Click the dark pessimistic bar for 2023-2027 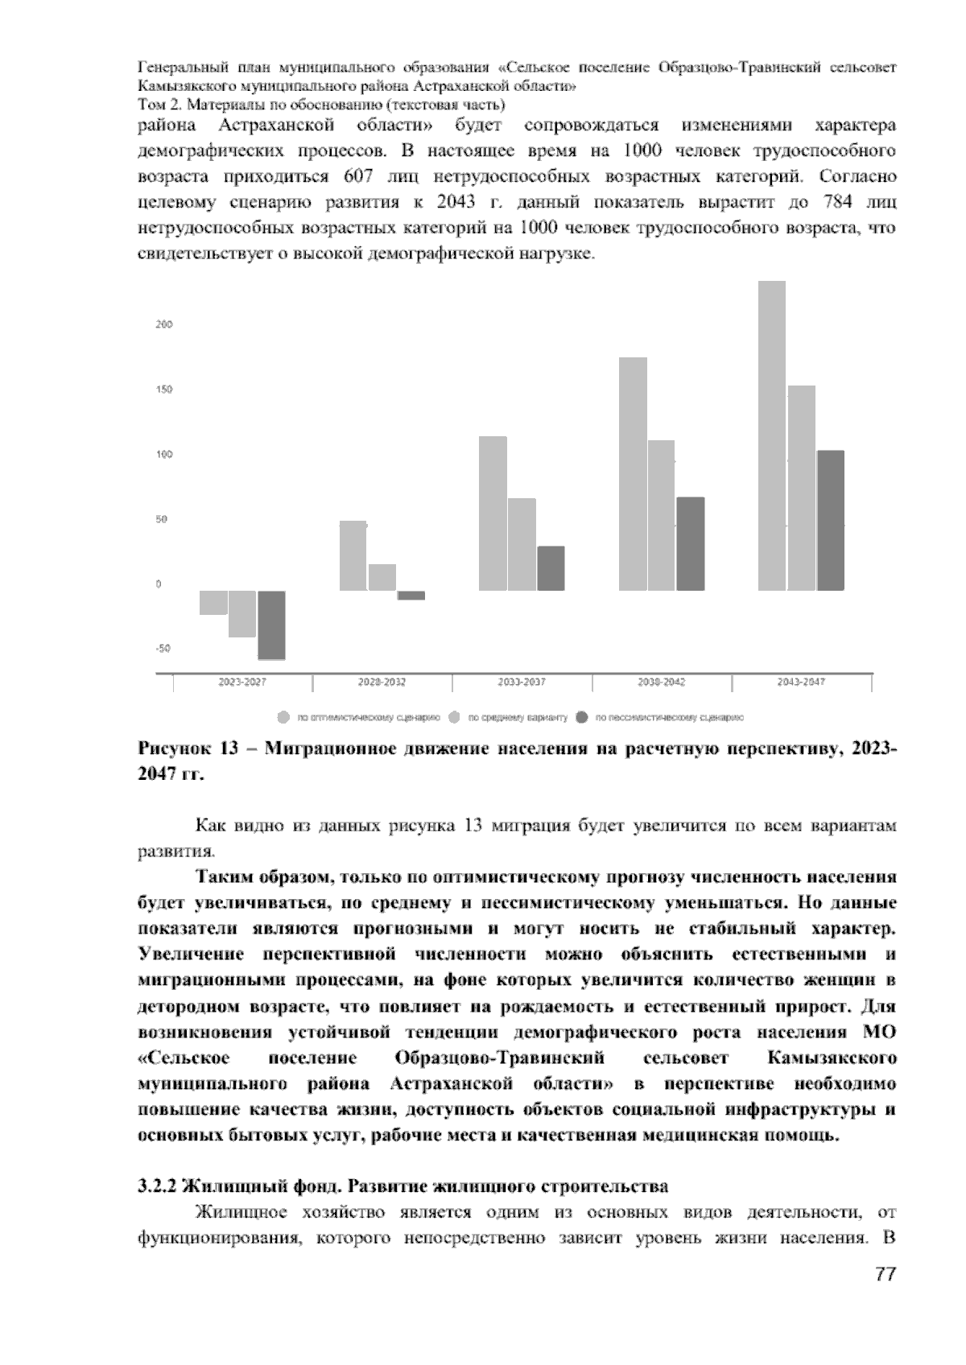pos(271,625)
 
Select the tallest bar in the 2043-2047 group pos(772,435)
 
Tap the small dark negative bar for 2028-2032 pos(411,596)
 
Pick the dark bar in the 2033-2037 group pos(551,568)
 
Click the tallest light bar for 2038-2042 pos(633,474)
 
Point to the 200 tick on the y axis pos(164,324)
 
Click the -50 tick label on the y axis pos(163,649)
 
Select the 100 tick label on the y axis pos(164,455)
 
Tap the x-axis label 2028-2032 pos(382,682)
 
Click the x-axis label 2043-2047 pos(801,682)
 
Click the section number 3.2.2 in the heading pos(157,1186)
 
